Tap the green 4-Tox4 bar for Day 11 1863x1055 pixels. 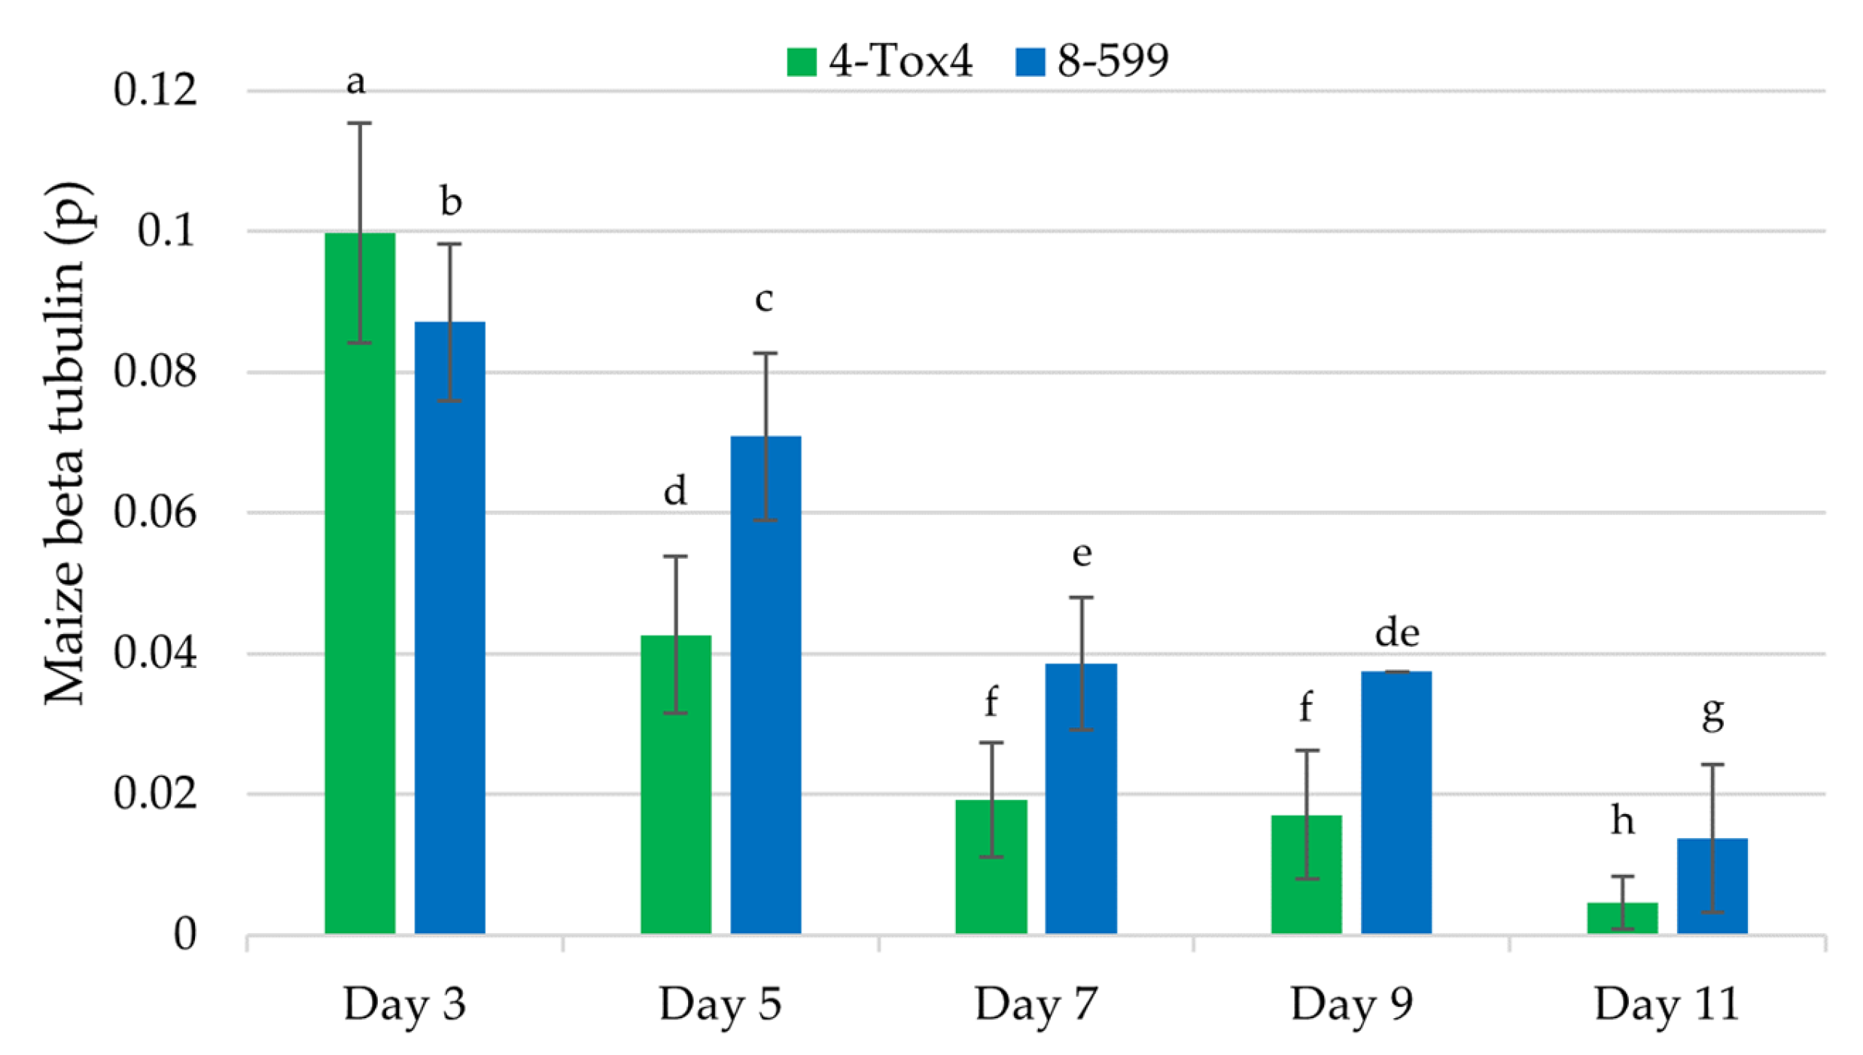pyautogui.click(x=1622, y=918)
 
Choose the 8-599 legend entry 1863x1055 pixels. pyautogui.click(x=1092, y=60)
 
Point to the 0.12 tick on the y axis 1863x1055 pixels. pyautogui.click(x=155, y=90)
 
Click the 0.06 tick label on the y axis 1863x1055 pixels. pyautogui.click(x=155, y=512)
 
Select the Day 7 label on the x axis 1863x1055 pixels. pyautogui.click(x=1036, y=1004)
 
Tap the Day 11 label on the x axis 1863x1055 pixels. pyautogui.click(x=1667, y=1004)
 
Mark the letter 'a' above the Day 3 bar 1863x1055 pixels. pyautogui.click(x=356, y=81)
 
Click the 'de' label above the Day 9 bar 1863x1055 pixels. pyautogui.click(x=1397, y=633)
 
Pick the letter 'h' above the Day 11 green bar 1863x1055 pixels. pyautogui.click(x=1622, y=819)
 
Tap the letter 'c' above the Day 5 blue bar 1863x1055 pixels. pyautogui.click(x=763, y=299)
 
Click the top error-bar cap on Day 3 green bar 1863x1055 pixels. pyautogui.click(x=359, y=123)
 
